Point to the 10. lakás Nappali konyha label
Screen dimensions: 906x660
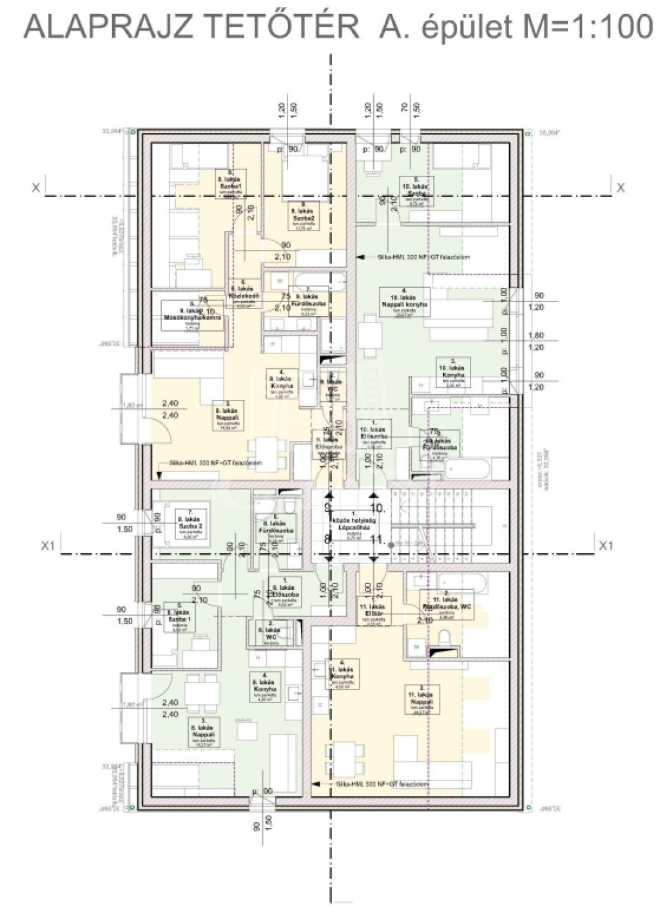pos(407,302)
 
